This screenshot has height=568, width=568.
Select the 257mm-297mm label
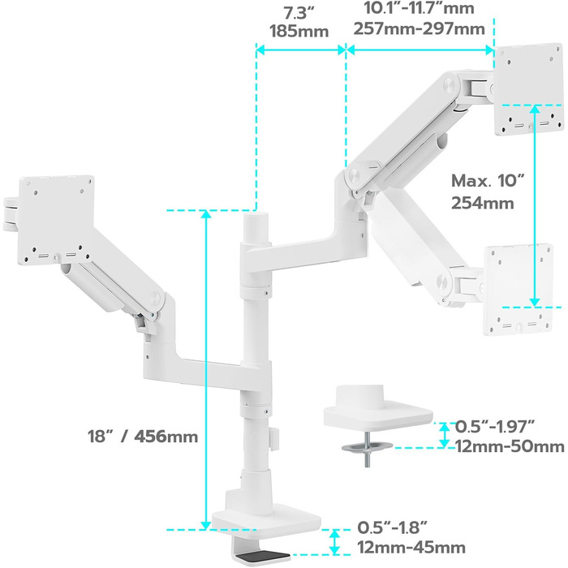[420, 28]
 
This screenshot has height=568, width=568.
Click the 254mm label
[482, 203]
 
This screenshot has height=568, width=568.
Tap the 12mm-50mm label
[510, 447]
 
